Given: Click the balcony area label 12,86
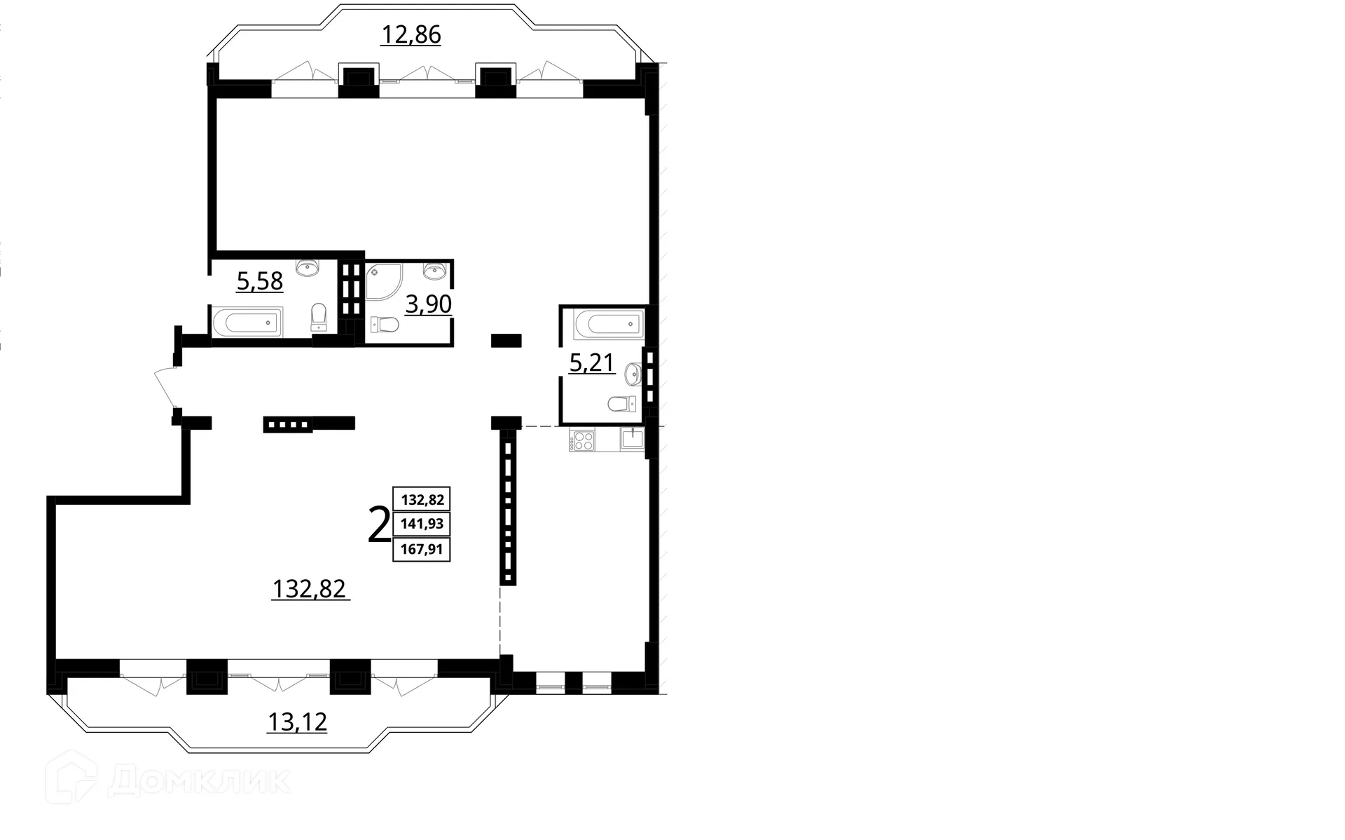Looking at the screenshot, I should coord(411,34).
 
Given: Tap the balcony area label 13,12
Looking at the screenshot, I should coord(297,721).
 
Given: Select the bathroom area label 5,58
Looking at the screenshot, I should coord(260,280).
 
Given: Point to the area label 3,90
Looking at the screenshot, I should coord(429,304).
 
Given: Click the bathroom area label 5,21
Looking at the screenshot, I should coord(592,363).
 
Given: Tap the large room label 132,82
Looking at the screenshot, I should coord(309,588).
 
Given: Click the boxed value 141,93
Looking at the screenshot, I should coord(422,524).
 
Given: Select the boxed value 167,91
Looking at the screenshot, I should coord(422,549).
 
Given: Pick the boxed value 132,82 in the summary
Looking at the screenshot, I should coord(422,500).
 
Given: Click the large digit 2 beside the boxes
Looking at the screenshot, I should coord(379,526).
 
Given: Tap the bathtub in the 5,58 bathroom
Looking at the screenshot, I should coord(246,323).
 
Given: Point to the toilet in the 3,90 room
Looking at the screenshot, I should coord(385,324).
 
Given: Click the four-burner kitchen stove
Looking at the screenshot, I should coord(582,440).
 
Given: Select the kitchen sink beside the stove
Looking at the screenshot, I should coord(633,439).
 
